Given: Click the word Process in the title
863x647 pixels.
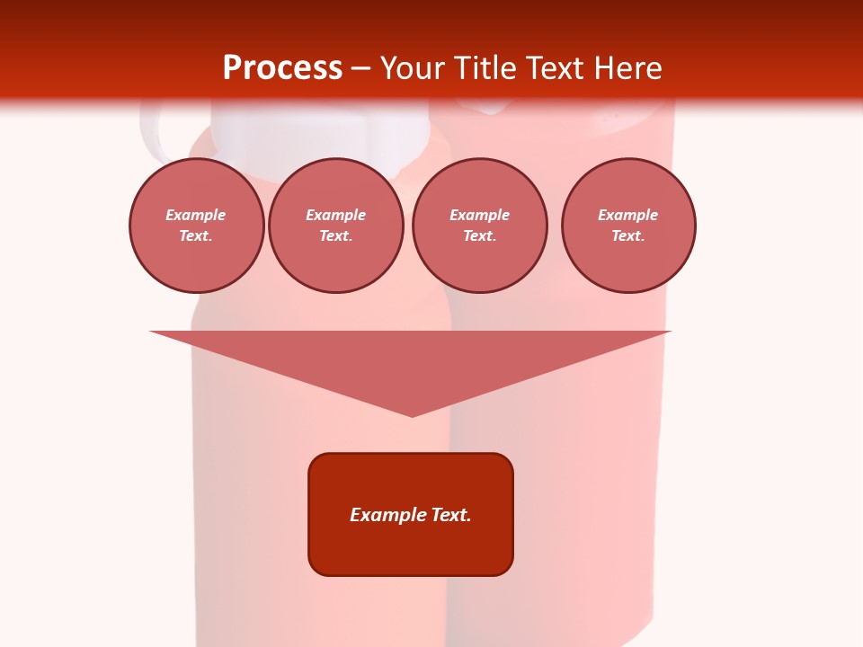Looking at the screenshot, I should [x=282, y=68].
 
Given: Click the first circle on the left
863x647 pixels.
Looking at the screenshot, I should [x=196, y=226].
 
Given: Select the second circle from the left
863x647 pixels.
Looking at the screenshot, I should [x=335, y=226].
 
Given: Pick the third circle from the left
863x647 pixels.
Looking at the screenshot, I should [x=479, y=226].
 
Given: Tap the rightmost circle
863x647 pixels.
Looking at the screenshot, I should [x=627, y=226].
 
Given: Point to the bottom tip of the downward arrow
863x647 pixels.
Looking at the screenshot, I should [x=412, y=415].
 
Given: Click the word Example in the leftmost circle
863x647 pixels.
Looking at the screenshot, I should [x=196, y=215].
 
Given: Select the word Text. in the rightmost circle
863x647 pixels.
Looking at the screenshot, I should [x=627, y=236].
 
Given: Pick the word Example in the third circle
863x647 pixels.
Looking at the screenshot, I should [x=479, y=215].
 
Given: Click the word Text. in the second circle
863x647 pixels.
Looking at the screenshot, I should [x=335, y=236].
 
